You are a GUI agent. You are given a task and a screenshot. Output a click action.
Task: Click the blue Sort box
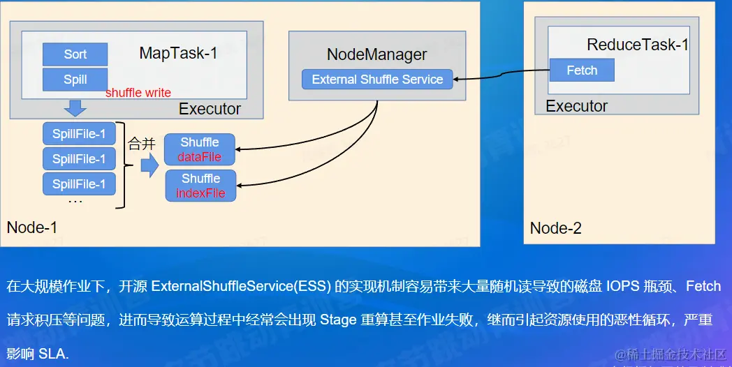[x=75, y=54]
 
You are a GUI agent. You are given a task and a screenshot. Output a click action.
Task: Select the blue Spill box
[x=75, y=80]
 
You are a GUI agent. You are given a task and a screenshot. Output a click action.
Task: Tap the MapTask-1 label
[x=178, y=53]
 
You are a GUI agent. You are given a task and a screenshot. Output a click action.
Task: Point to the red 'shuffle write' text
[x=138, y=93]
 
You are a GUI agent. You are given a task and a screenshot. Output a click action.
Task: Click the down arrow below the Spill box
[x=75, y=108]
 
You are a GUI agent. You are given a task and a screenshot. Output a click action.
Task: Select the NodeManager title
[x=377, y=54]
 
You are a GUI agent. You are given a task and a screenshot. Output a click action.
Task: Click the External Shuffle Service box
[x=377, y=80]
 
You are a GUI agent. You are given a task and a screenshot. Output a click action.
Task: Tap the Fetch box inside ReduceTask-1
[x=582, y=70]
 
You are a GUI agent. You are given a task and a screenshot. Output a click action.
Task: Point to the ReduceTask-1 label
[x=638, y=45]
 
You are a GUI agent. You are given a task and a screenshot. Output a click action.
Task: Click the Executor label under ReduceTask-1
[x=576, y=106]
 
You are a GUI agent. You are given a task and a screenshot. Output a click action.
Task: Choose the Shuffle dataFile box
[x=200, y=149]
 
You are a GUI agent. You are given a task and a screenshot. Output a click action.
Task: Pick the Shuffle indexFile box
[x=200, y=186]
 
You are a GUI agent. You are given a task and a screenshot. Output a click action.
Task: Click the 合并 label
[x=141, y=144]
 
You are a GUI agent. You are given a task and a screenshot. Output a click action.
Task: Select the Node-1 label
[x=32, y=227]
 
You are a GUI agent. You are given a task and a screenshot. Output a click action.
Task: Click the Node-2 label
[x=556, y=228]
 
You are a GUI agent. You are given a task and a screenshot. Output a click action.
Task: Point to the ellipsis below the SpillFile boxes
[x=75, y=202]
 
